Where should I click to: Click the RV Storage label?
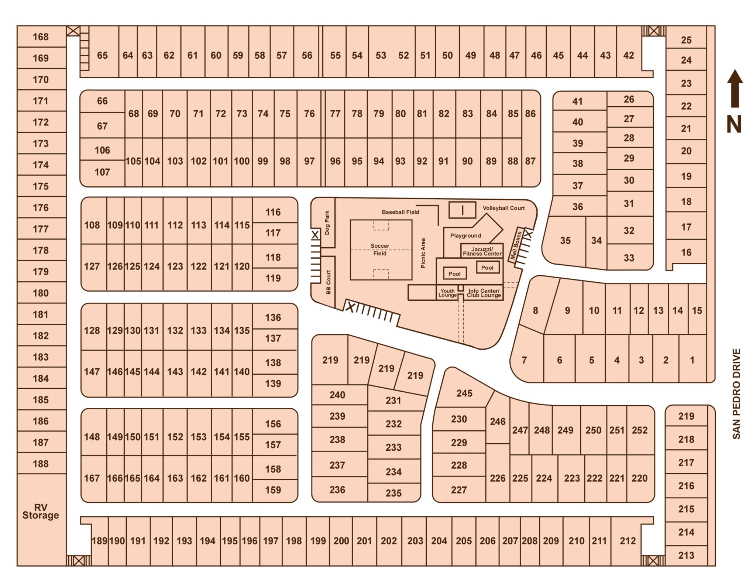[41, 511]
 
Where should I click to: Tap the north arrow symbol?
[735, 89]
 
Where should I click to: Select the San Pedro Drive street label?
[736, 394]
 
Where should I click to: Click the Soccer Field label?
[380, 250]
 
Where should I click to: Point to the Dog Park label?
[327, 223]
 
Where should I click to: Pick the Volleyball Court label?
[504, 208]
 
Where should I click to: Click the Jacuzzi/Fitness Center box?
[482, 251]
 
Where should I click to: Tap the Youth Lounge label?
[447, 293]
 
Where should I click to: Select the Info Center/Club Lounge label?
[484, 293]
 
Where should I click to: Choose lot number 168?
[41, 37]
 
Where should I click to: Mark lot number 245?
[464, 393]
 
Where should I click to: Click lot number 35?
[565, 240]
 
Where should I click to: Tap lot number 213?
[686, 555]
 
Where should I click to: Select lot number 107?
[102, 172]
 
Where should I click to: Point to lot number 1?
[692, 360]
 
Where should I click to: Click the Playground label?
[465, 236]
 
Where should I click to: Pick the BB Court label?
[329, 282]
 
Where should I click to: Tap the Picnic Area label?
[423, 253]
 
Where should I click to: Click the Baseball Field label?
[401, 212]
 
